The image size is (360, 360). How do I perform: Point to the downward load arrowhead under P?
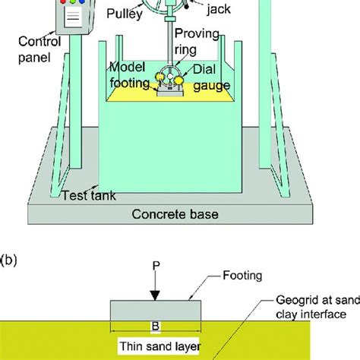tap(156, 295)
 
